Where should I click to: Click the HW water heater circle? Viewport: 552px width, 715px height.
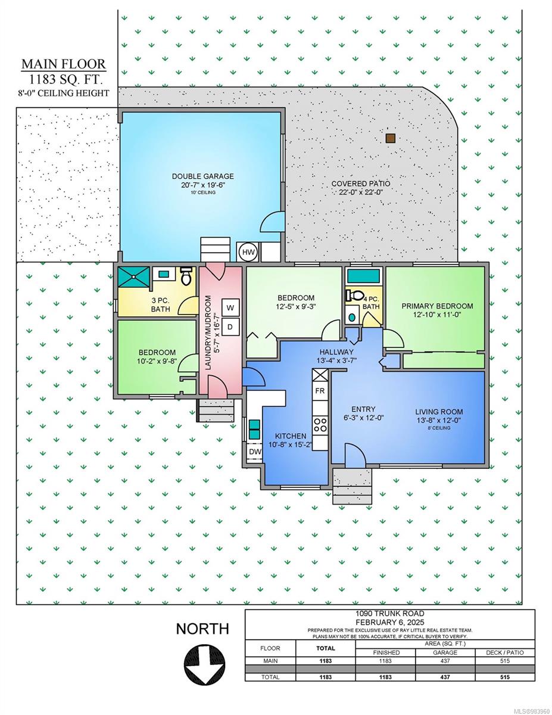[x=248, y=253]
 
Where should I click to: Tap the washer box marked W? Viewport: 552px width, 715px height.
[x=230, y=308]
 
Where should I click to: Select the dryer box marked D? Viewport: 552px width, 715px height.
[x=230, y=327]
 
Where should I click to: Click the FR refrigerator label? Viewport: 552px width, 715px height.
[x=320, y=390]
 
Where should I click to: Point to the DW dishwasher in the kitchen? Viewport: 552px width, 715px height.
[x=255, y=452]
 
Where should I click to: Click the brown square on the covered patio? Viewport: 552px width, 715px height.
[x=390, y=138]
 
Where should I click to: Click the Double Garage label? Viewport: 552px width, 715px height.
[x=203, y=176]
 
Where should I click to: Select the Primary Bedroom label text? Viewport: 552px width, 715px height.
[x=437, y=306]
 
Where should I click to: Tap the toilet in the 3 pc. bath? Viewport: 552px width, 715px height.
[x=186, y=275]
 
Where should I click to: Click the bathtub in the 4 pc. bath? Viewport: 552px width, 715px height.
[x=363, y=276]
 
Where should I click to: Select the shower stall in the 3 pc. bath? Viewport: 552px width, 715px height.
[x=133, y=276]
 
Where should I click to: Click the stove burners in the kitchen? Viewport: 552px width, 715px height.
[x=320, y=424]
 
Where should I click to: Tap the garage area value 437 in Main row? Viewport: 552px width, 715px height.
[x=445, y=661]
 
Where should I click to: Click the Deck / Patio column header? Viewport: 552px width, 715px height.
[x=504, y=652]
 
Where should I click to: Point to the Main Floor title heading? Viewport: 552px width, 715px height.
[x=64, y=64]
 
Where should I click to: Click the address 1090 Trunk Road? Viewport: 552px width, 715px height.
[x=390, y=613]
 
